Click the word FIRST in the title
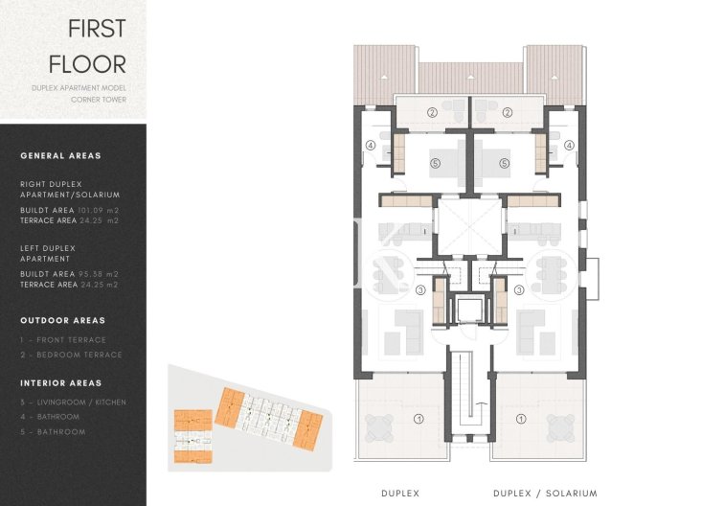pos(96,28)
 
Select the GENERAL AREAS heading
pos(60,155)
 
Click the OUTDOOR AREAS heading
pos(62,320)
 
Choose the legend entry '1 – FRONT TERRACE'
pos(63,339)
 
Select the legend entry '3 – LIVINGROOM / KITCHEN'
pos(73,402)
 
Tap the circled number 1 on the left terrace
pos(418,419)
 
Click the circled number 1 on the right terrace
pos(520,419)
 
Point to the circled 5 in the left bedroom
pos(435,163)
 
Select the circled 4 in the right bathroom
pos(568,146)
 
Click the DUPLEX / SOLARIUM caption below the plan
pos(545,493)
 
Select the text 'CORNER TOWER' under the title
pos(102,99)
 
